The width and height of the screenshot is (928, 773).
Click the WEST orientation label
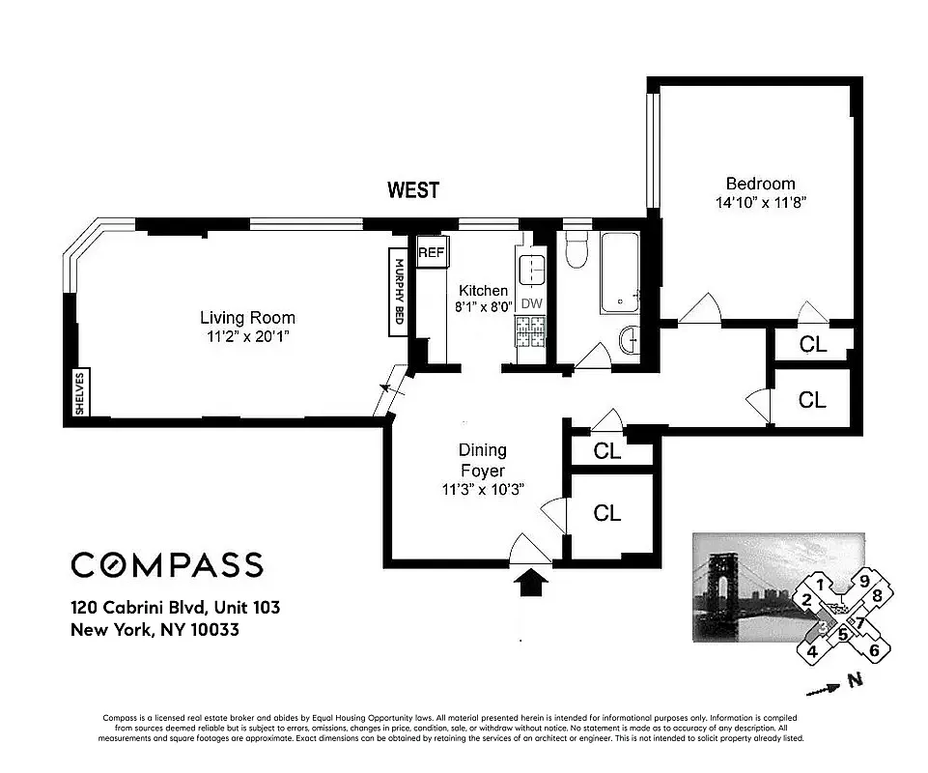[413, 190]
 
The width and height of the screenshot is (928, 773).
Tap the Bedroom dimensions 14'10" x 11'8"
[760, 203]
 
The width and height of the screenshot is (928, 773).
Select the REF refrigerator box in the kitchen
[430, 252]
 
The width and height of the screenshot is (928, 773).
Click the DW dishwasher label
[531, 303]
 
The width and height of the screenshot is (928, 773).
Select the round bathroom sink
[628, 340]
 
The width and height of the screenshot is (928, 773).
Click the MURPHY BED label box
[397, 293]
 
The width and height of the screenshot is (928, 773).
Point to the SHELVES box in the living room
[80, 393]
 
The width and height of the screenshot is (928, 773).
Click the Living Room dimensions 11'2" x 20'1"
[247, 336]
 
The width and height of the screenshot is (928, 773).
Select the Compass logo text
[166, 564]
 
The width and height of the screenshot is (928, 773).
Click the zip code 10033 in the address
[215, 630]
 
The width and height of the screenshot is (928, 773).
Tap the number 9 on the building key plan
[865, 580]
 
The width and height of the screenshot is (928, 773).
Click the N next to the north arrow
[854, 681]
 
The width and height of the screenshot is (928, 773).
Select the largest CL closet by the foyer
[606, 513]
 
